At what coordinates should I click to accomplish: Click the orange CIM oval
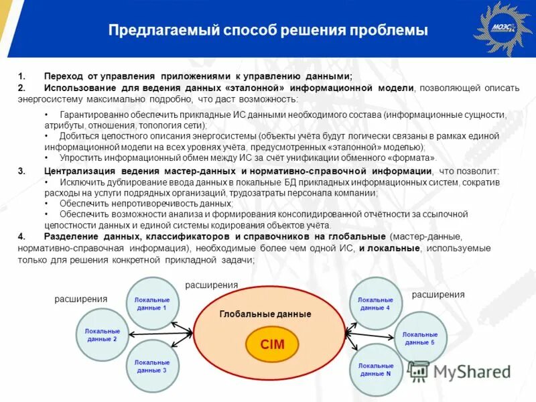[x=273, y=344]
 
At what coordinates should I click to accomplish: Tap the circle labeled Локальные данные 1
[x=152, y=304]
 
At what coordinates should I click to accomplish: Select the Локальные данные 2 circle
[x=102, y=334]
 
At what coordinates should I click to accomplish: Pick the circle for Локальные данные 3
[x=152, y=366]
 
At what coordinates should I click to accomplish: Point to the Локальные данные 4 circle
[x=375, y=304]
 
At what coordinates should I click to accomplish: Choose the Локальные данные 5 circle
[x=419, y=338]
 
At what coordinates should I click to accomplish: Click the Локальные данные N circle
[x=375, y=369]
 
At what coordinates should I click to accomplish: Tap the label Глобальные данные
[x=265, y=314]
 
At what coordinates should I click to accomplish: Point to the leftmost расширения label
[x=81, y=299]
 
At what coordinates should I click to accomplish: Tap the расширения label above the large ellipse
[x=211, y=285]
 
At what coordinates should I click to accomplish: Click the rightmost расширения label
[x=438, y=294]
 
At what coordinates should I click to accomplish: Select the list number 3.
[x=21, y=172]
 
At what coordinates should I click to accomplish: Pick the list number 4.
[x=21, y=237]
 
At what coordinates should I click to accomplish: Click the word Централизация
[x=77, y=172]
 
